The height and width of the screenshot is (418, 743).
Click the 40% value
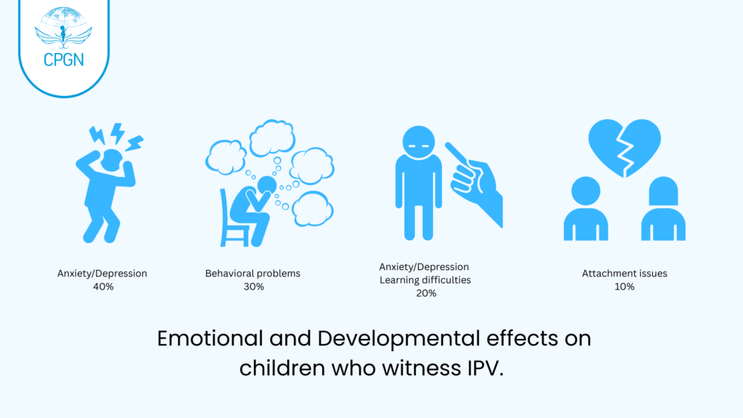(102, 287)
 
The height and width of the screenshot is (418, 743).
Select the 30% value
(253, 287)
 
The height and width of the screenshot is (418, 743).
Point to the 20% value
(426, 293)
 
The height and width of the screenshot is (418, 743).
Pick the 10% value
(624, 287)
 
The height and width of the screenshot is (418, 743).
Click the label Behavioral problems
(253, 274)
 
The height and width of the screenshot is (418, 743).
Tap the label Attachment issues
(624, 274)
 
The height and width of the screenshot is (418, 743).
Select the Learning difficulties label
(426, 280)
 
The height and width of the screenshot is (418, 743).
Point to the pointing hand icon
(476, 181)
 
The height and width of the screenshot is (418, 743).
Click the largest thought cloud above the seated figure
(272, 136)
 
